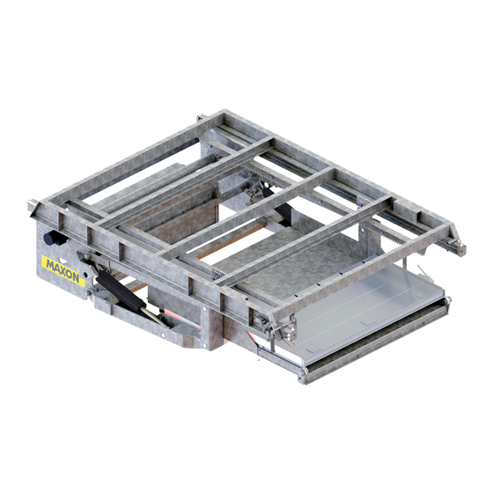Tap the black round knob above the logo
click(50, 239)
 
